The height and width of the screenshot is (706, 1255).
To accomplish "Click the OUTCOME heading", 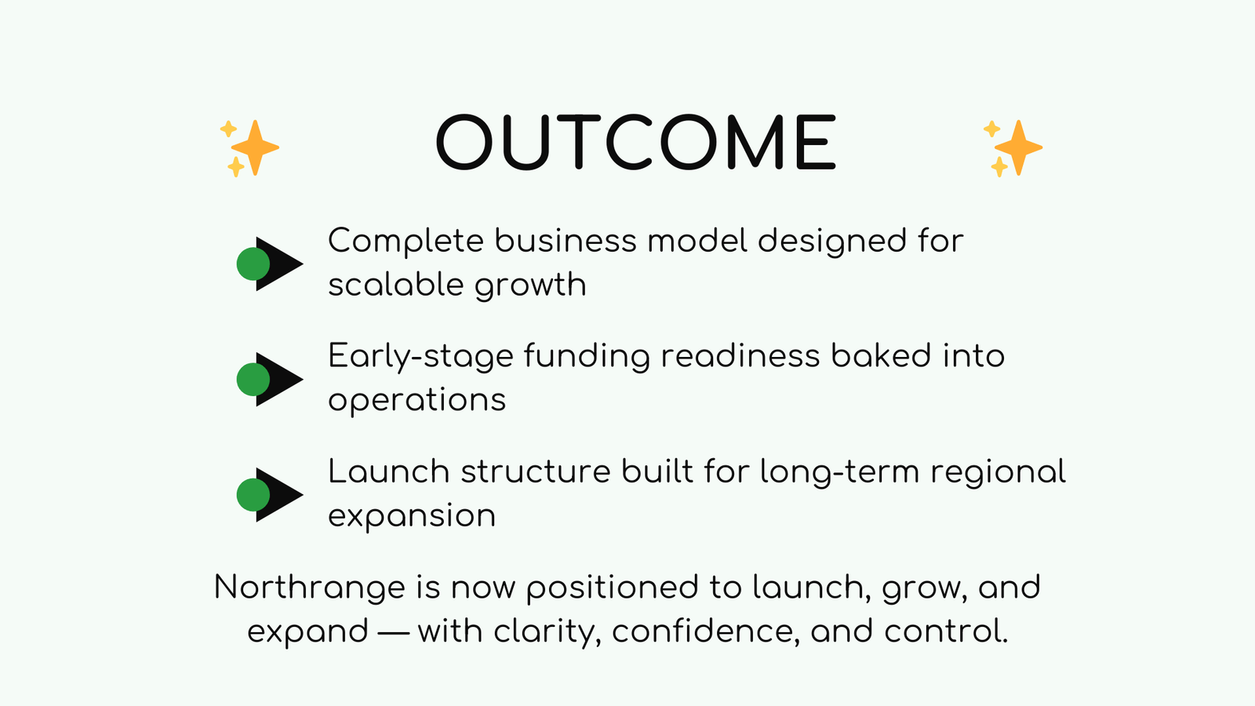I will [x=636, y=143].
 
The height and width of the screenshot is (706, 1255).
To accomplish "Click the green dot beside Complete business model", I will [x=253, y=264].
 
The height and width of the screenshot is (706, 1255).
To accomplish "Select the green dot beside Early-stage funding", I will [x=253, y=379].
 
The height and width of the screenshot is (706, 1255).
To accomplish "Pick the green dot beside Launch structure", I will [x=253, y=495].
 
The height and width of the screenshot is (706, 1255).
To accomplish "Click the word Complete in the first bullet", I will [x=406, y=241].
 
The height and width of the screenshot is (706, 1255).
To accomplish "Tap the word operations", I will [x=417, y=401].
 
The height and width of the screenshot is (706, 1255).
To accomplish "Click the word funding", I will [x=587, y=357].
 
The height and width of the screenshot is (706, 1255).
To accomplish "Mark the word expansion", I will [x=411, y=516].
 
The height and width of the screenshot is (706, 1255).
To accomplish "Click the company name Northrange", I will [x=309, y=588].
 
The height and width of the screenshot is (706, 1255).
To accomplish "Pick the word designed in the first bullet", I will [x=831, y=241].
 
